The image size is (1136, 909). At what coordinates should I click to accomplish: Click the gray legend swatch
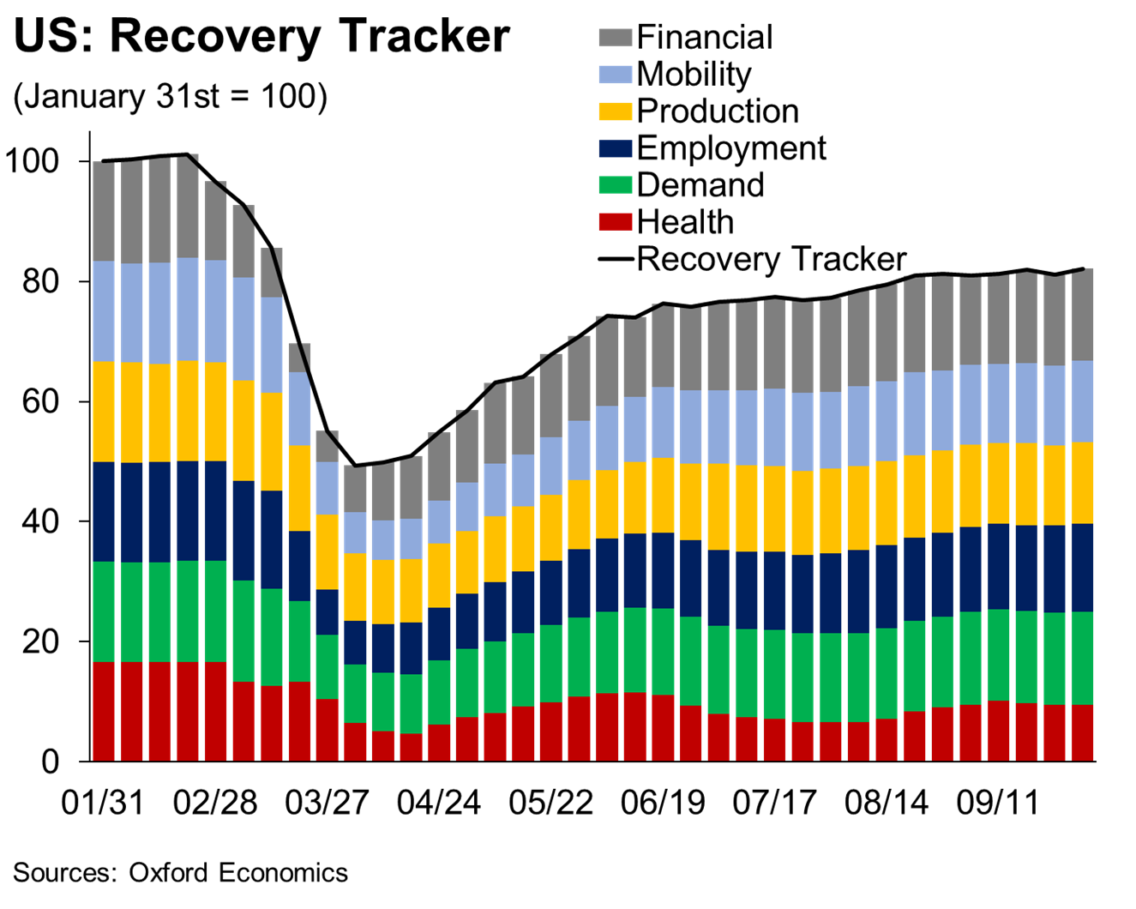[616, 37]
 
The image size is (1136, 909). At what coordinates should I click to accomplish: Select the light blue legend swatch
[616, 75]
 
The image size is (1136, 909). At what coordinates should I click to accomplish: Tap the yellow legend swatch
[616, 111]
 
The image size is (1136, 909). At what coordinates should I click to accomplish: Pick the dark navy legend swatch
[616, 148]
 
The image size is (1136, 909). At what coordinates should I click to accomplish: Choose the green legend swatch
[616, 185]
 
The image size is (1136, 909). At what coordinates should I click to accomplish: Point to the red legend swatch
[616, 222]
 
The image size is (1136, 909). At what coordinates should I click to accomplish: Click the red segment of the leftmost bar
[104, 711]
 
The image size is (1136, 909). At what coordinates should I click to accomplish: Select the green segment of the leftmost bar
[104, 611]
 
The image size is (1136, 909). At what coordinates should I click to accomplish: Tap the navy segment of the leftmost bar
[104, 512]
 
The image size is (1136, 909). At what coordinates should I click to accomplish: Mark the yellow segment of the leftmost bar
[104, 412]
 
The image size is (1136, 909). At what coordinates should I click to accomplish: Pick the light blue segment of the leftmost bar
[104, 311]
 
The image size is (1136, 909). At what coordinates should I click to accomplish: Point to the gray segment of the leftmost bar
[104, 212]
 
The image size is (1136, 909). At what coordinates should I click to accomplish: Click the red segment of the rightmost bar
[1082, 732]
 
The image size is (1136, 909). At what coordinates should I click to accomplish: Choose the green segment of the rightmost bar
[1082, 658]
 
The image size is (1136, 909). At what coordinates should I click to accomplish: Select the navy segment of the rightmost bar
[1082, 568]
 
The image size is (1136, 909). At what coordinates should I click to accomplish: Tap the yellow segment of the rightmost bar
[1082, 483]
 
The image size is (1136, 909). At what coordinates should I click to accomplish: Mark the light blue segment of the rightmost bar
[1082, 401]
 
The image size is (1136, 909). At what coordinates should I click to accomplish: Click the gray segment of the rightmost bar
[1082, 315]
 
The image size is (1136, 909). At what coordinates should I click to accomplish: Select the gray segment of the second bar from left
[132, 213]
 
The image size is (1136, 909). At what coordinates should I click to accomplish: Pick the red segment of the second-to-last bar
[1055, 732]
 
